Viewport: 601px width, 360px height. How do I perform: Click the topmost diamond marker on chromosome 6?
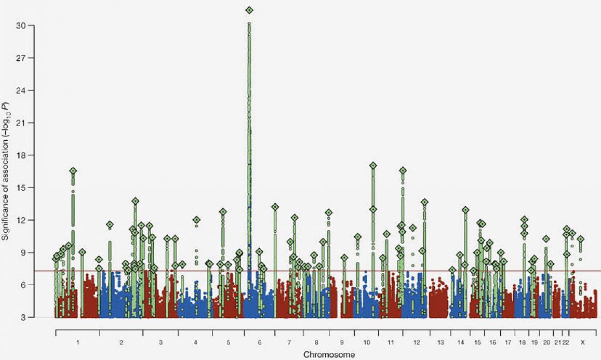tap(249, 10)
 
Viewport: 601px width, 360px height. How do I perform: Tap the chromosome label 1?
tap(77, 343)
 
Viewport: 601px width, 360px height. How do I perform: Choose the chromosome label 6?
tap(259, 343)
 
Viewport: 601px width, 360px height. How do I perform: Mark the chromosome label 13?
tap(440, 343)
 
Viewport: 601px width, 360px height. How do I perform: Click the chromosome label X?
tap(582, 343)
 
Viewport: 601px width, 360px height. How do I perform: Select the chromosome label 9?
tap(342, 343)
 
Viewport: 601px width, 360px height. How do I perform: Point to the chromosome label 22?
tap(566, 343)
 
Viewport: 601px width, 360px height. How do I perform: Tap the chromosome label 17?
tap(507, 343)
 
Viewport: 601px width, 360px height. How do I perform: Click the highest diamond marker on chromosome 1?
tap(73, 171)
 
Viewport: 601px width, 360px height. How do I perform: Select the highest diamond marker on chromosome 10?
tap(373, 166)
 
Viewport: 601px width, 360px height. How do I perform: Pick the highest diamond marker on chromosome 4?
tap(196, 220)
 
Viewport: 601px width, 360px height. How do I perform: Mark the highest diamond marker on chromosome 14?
tap(465, 210)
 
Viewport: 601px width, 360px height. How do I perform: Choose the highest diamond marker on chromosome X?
tap(581, 239)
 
